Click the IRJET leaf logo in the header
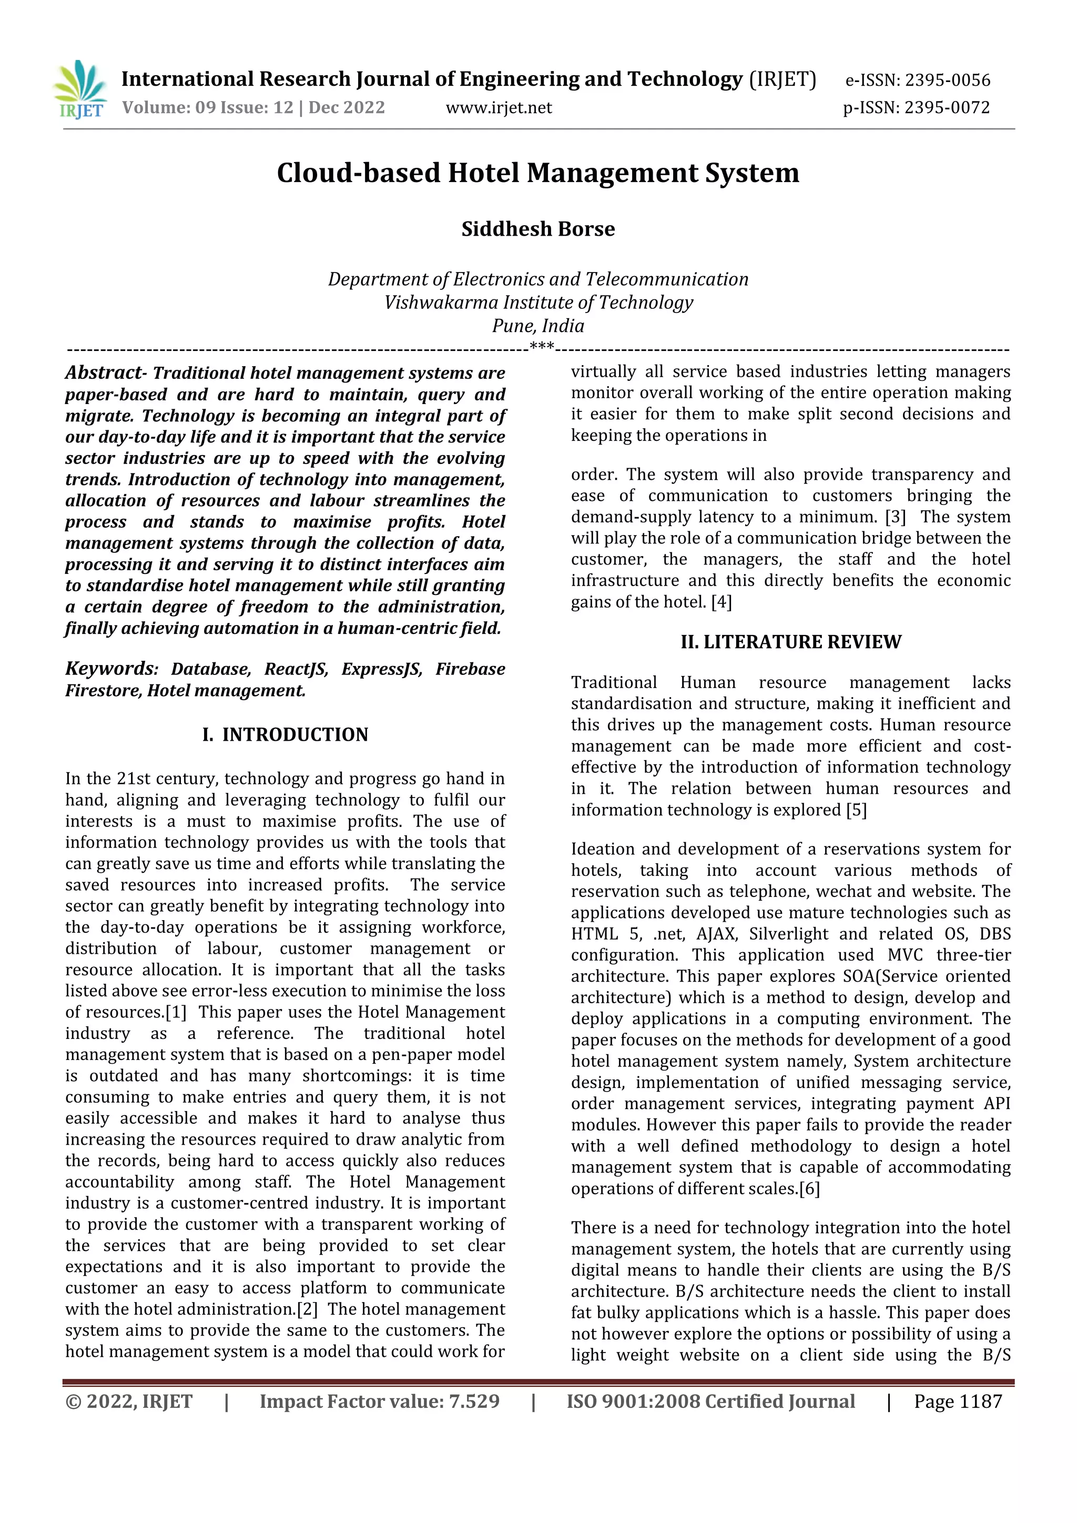[79, 90]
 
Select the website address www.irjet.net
[498, 107]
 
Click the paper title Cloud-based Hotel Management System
[538, 173]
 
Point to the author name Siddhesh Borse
[538, 229]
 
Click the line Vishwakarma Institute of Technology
[538, 302]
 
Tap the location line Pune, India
[538, 326]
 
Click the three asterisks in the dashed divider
[542, 346]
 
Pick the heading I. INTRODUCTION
[285, 735]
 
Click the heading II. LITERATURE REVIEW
[790, 642]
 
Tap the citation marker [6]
[809, 1189]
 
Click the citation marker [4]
[721, 602]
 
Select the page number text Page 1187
[958, 1401]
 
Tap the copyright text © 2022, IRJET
[129, 1401]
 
